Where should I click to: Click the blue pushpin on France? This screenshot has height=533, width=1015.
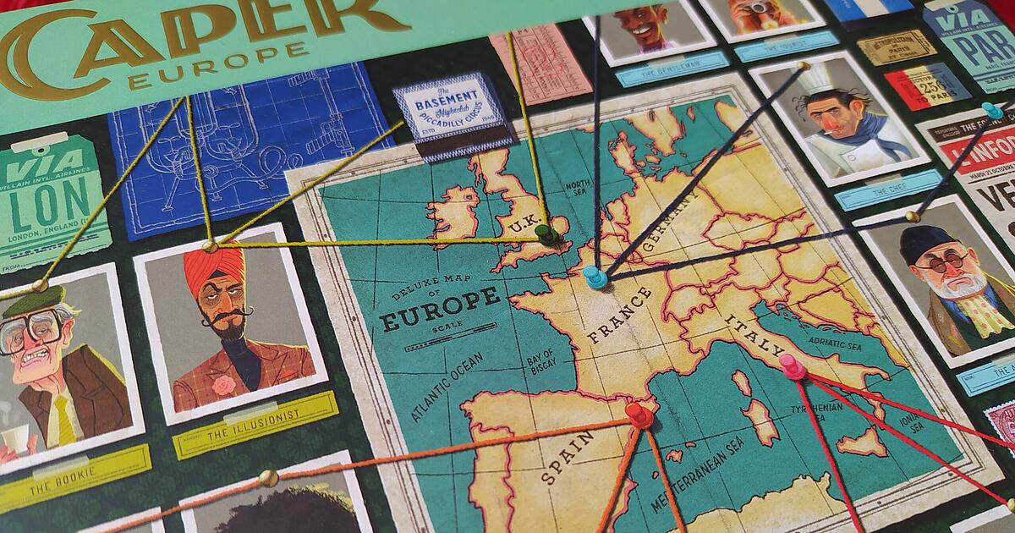(595, 275)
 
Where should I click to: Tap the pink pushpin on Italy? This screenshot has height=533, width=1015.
(793, 366)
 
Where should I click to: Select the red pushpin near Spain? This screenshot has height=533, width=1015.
(639, 415)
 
